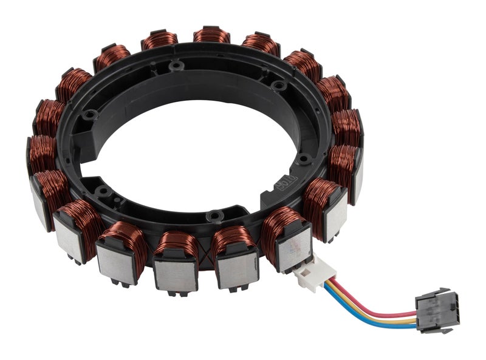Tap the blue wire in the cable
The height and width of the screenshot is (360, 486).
[x=364, y=319]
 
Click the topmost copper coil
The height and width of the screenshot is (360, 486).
[x=211, y=35]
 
